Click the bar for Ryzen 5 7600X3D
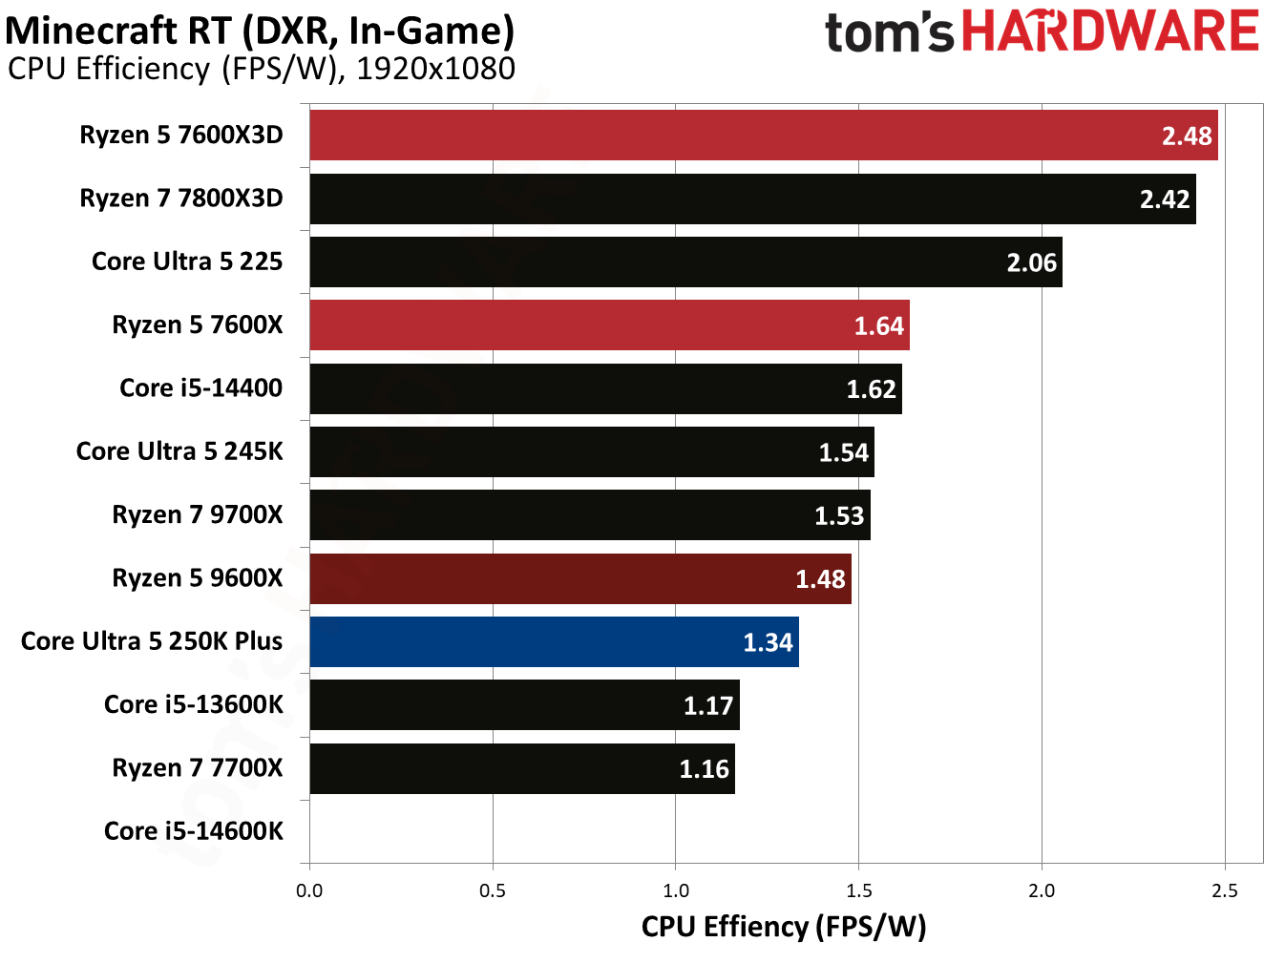764,136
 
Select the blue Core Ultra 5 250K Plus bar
554,642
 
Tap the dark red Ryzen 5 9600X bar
580,578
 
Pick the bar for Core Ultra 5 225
685,262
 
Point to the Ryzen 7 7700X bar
522,768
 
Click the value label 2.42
1164,199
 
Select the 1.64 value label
878,326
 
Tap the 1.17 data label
707,706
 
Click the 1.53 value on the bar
838,516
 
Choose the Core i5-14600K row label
193,831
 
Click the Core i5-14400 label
200,388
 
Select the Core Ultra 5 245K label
179,451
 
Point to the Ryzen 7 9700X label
197,515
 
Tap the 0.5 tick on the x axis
493,891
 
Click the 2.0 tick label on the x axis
1042,891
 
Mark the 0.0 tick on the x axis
309,891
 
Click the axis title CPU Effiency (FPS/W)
783,927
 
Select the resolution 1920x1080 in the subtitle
435,70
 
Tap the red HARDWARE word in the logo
1110,31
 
